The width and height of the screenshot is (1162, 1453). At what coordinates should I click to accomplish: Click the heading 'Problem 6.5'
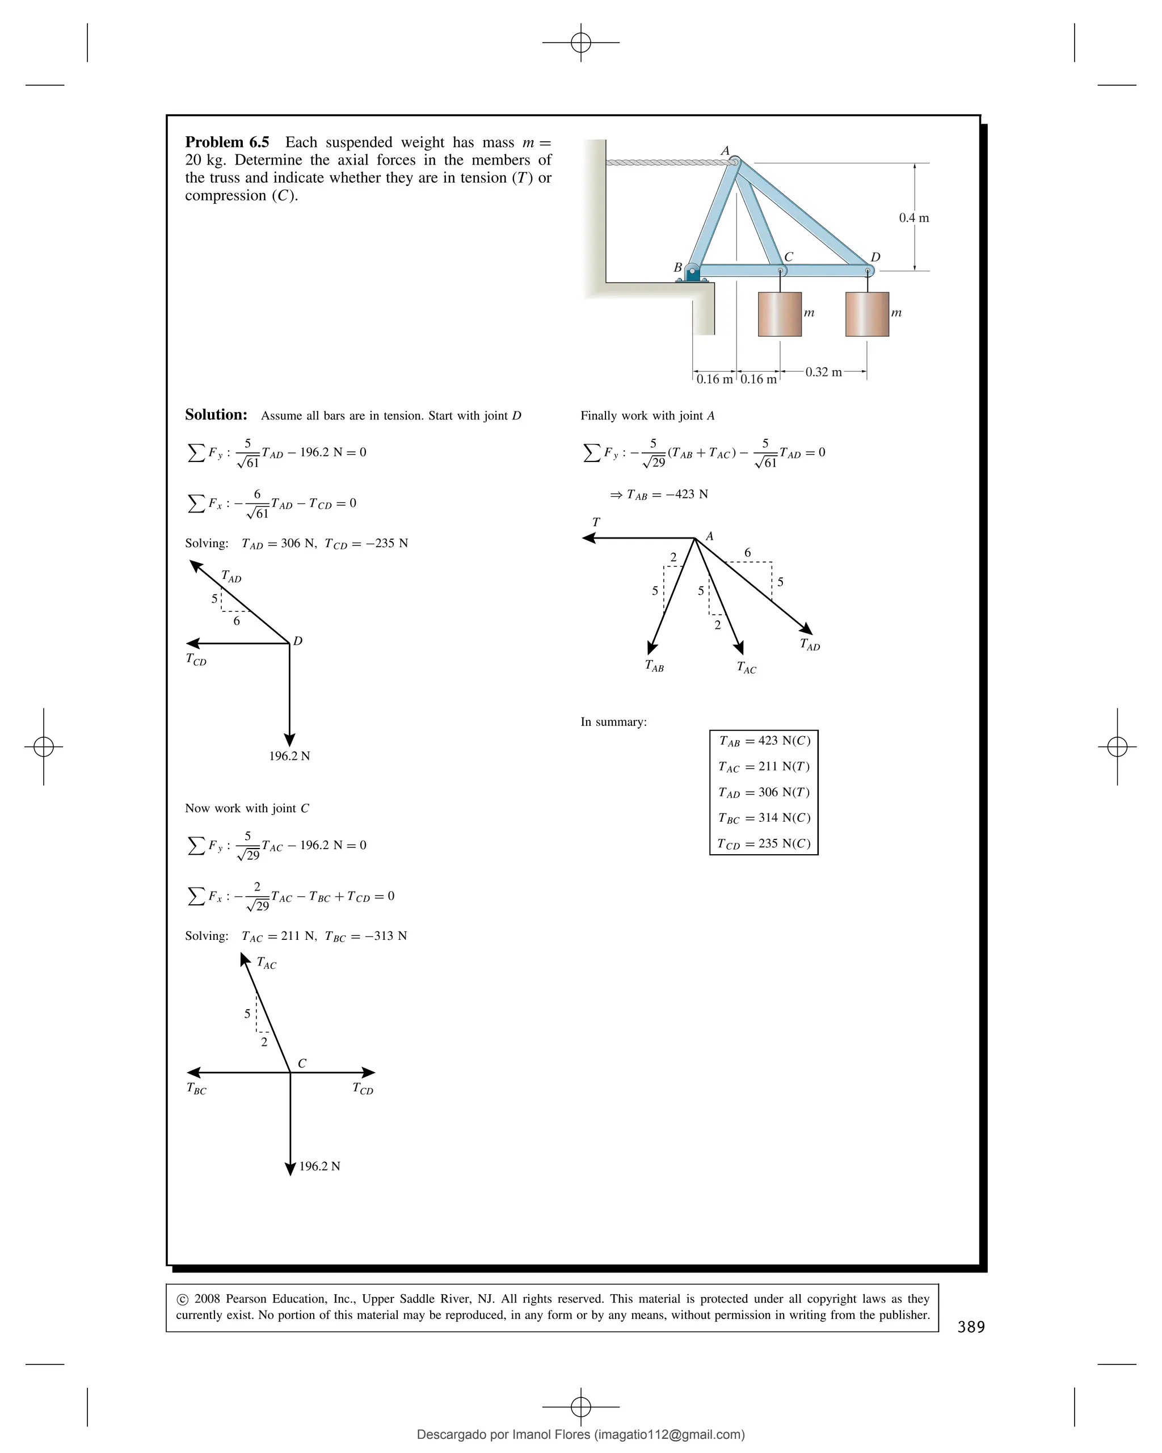[x=226, y=142]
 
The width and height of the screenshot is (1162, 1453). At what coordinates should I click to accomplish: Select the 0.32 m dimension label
[x=823, y=372]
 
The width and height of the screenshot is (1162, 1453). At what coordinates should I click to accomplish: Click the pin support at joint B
[x=692, y=273]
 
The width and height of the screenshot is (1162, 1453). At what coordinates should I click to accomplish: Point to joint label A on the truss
[x=725, y=151]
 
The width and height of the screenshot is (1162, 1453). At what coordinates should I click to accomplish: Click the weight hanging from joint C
[x=780, y=314]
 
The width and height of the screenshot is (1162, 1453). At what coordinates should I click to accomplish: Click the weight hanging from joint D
[x=867, y=314]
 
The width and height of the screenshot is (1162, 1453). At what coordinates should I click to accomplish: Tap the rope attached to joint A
[x=667, y=162]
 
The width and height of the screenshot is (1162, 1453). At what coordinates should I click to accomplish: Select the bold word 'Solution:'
[x=216, y=414]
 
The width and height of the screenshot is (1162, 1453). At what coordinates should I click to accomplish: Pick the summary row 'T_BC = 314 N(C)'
[x=764, y=818]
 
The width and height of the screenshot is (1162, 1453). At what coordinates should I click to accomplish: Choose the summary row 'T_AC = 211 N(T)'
[x=764, y=767]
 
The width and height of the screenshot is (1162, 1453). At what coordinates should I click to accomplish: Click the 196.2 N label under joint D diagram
[x=290, y=756]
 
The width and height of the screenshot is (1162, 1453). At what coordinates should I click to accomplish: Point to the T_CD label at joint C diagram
[x=363, y=1089]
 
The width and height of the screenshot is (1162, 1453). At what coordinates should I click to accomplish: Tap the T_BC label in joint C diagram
[x=196, y=1089]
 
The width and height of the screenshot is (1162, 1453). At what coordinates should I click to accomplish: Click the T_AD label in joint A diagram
[x=810, y=644]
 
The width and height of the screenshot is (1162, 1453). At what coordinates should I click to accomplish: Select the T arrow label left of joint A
[x=596, y=522]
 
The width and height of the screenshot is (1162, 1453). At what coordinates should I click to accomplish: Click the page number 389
[x=971, y=1327]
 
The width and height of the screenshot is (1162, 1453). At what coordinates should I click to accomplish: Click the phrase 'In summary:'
[x=613, y=722]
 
